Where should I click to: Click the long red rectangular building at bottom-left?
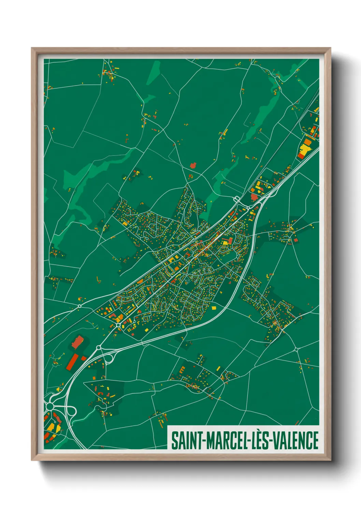point(72,362)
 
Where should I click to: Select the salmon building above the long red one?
point(78,341)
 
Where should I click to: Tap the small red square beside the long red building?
point(84,358)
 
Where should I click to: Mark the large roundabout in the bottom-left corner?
point(50,406)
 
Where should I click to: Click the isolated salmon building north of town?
point(193,165)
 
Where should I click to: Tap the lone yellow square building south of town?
point(214,308)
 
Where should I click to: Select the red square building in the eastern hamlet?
point(295,240)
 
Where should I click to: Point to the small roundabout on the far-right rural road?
point(296,349)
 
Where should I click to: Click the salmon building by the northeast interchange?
point(254,197)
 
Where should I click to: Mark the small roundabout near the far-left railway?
point(80,306)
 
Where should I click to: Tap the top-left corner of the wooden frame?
point(32,48)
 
